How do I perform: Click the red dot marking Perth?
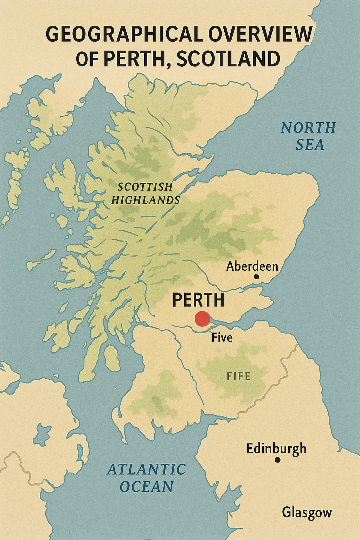(202, 319)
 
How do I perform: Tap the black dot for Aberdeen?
(256, 277)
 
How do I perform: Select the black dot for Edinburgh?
(277, 459)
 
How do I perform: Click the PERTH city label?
(198, 300)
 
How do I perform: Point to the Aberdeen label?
(252, 266)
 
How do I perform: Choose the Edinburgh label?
(276, 449)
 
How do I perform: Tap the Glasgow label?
(307, 513)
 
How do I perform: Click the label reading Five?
(222, 338)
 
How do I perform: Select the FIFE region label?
(239, 377)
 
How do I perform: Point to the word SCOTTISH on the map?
(145, 186)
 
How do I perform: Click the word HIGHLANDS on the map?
(146, 200)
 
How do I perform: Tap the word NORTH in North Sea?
(308, 128)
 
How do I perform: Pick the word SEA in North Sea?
(310, 145)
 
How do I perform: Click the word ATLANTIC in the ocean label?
(146, 469)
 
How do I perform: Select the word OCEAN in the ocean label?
(147, 487)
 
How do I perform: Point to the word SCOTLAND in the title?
(228, 58)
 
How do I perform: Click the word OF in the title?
(87, 58)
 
